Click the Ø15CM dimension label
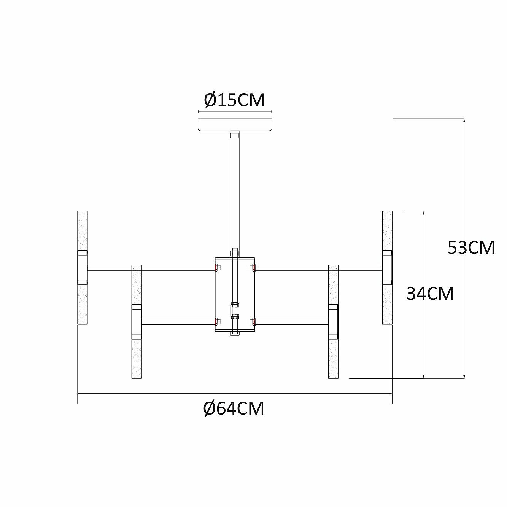[x=234, y=100]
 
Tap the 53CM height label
[x=471, y=248]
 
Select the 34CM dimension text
[x=430, y=294]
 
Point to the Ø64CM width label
[x=234, y=408]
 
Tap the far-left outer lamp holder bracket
[x=83, y=267]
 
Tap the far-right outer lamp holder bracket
[x=387, y=267]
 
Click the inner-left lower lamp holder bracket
[x=137, y=321]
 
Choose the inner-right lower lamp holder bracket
[x=333, y=321]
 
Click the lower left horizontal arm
[x=178, y=322]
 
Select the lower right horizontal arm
[x=291, y=322]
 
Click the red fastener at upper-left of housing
[x=217, y=268]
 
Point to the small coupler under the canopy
[x=235, y=135]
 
